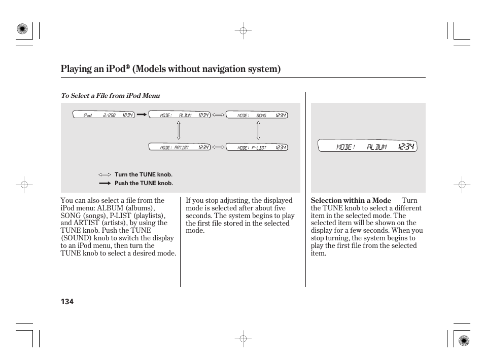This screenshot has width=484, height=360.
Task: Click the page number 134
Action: pyautogui.click(x=67, y=302)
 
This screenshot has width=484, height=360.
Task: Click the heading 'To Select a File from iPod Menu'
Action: pyautogui.click(x=110, y=96)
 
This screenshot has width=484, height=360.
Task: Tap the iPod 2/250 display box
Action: pyautogui.click(x=101, y=115)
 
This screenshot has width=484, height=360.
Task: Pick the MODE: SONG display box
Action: pyautogui.click(x=256, y=115)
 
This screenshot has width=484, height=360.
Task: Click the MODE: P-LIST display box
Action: pyautogui.click(x=256, y=147)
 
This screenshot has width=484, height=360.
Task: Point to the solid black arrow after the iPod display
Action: pyautogui.click(x=142, y=115)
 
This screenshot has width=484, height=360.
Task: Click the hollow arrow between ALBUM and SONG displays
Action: pyautogui.click(x=218, y=115)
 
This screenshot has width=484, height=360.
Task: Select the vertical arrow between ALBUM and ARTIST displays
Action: pyautogui.click(x=179, y=130)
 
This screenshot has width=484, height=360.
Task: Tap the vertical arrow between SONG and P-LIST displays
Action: pyautogui.click(x=258, y=130)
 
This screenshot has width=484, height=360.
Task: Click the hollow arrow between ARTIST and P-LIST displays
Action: pyautogui.click(x=218, y=147)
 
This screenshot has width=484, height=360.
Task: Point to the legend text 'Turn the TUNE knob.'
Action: pyautogui.click(x=144, y=174)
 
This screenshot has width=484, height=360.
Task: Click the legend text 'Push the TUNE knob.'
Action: pyautogui.click(x=144, y=183)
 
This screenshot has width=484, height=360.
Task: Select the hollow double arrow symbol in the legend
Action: pyautogui.click(x=105, y=174)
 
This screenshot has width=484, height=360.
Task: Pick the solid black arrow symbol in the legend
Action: pyautogui.click(x=105, y=183)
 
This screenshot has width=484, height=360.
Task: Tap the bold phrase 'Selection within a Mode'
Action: pyautogui.click(x=351, y=201)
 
